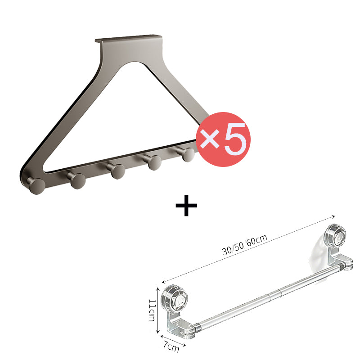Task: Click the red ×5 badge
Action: tap(223, 139)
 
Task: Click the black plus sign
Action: tap(186, 205)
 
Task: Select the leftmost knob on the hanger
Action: tap(37, 185)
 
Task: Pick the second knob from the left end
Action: tap(77, 180)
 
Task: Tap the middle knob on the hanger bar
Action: tap(117, 171)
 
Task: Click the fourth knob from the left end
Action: tap(153, 162)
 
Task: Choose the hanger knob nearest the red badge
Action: tap(187, 154)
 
